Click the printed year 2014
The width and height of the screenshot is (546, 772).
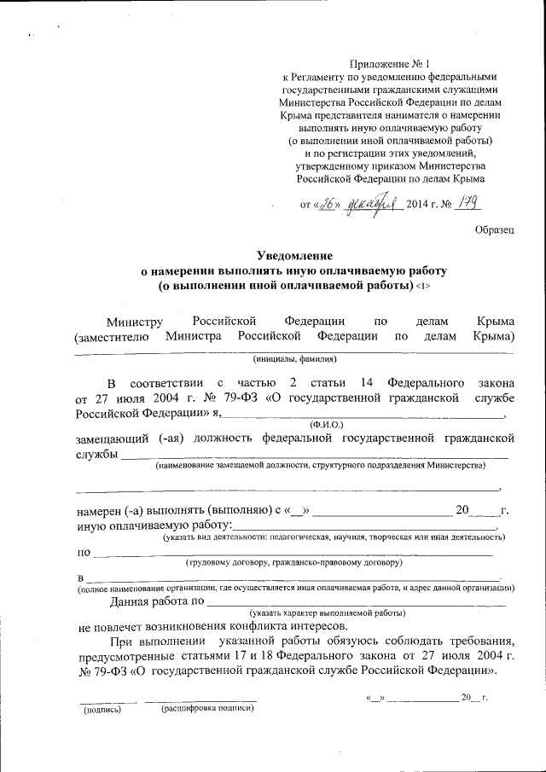[x=420, y=204]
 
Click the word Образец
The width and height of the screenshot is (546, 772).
[x=495, y=230]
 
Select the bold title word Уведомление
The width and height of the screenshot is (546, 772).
[x=294, y=255]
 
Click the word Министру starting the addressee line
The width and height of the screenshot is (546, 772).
[x=134, y=321]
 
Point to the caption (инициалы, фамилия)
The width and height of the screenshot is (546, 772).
[x=294, y=360]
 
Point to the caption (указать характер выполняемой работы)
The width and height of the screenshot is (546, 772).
[x=328, y=613]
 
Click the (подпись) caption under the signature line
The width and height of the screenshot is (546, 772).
[x=102, y=708]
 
